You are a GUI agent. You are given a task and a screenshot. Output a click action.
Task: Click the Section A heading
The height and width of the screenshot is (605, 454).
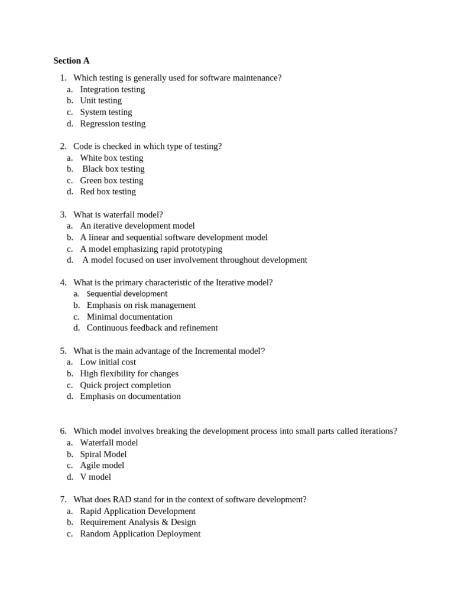tap(72, 60)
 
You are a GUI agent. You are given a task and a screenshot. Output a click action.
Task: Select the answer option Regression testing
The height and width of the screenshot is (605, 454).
tap(112, 123)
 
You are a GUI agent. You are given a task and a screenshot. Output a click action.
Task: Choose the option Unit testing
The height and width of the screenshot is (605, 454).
tap(100, 100)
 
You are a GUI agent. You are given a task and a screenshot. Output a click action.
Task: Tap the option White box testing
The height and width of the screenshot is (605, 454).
tap(111, 158)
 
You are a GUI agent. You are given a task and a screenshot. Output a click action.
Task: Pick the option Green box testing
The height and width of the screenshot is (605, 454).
tap(111, 180)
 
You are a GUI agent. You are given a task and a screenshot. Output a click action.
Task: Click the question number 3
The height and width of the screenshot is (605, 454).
tap(63, 214)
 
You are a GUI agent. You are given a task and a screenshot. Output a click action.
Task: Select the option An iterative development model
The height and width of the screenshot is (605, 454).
tap(137, 226)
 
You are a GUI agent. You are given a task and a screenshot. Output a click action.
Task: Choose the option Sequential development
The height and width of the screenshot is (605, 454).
tap(127, 294)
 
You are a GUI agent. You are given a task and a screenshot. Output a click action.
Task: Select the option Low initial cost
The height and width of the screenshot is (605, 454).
tap(108, 362)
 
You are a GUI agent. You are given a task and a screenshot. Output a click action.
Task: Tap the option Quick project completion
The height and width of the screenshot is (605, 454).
tap(125, 385)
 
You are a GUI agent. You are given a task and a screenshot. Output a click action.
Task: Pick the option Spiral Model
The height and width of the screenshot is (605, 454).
tap(103, 454)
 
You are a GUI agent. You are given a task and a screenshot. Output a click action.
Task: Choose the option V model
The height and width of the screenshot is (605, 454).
tap(95, 477)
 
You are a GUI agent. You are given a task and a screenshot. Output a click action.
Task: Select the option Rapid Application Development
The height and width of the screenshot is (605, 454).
tap(137, 511)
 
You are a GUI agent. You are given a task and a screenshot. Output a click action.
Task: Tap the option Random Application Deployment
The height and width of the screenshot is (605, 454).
tap(140, 534)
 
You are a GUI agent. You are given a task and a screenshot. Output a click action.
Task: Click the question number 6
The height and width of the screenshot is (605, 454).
tap(63, 431)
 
